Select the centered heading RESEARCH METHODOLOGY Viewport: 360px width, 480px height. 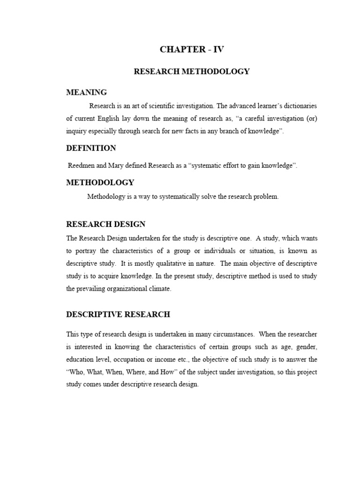(x=192, y=72)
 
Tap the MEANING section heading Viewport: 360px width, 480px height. (x=86, y=92)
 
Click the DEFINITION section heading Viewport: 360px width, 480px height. (x=91, y=148)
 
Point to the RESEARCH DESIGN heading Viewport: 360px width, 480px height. (x=105, y=224)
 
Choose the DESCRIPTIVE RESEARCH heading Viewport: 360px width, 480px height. (x=118, y=314)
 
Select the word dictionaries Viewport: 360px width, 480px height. (x=299, y=105)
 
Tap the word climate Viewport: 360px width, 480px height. (x=159, y=289)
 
